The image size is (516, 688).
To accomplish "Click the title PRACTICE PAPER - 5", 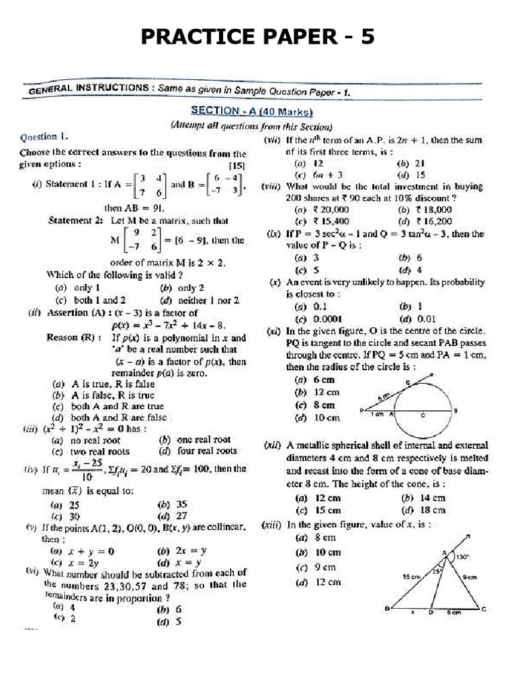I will coord(257,37).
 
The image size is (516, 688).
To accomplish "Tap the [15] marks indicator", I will coord(237,165).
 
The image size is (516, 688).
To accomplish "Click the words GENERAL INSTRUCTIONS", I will coord(89,89).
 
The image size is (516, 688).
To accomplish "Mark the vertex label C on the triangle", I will coord(484,610).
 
